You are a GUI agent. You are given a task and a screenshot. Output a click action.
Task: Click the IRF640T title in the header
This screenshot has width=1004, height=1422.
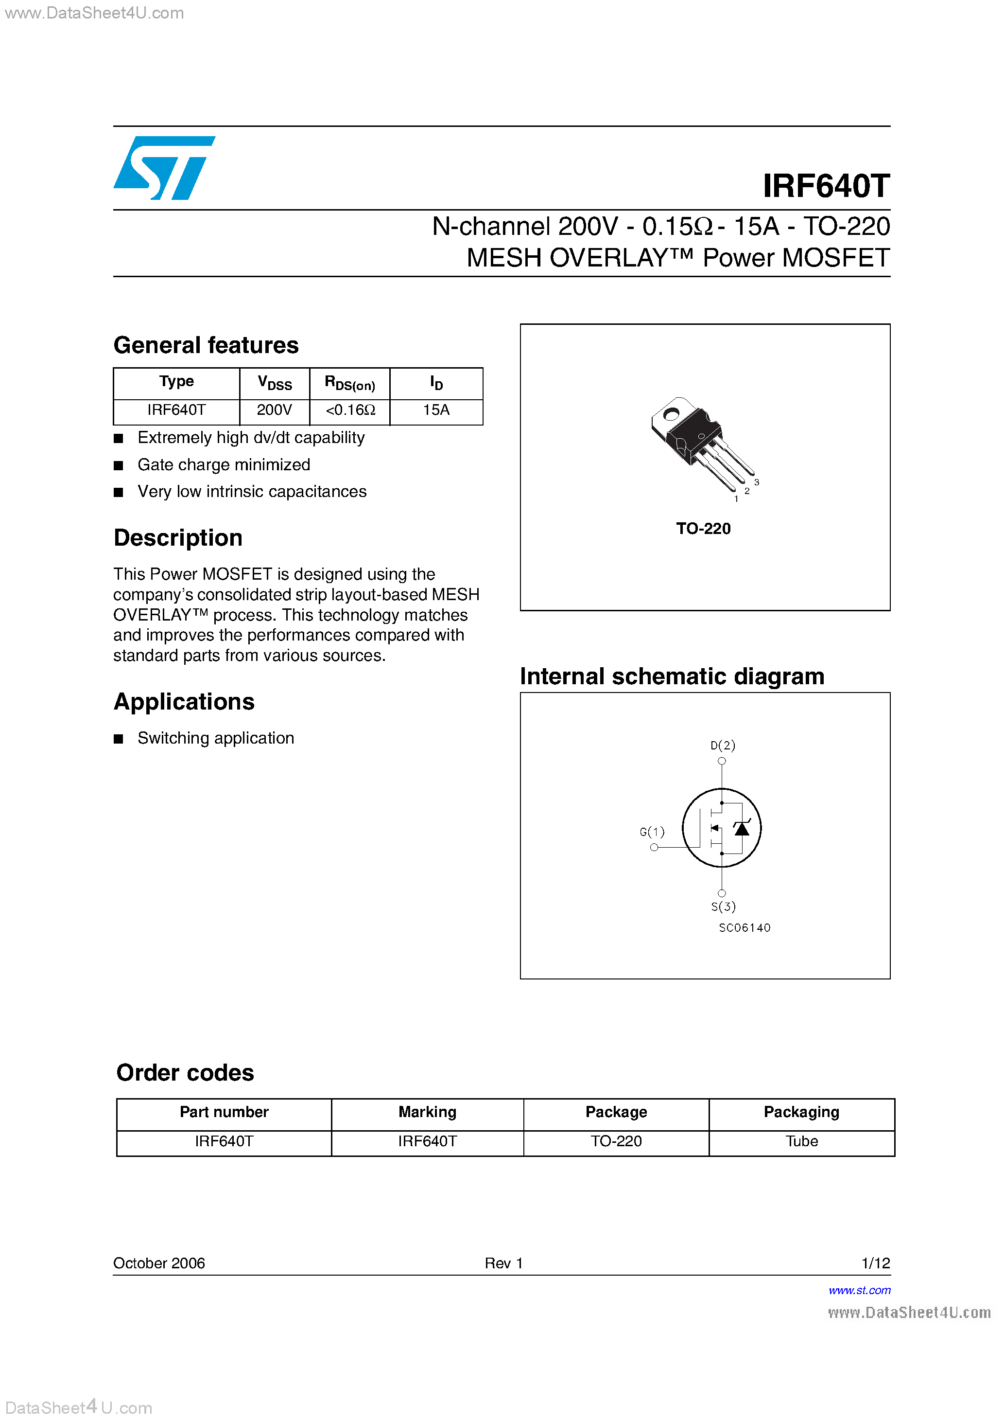(826, 186)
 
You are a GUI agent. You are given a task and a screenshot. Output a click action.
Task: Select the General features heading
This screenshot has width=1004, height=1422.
(206, 345)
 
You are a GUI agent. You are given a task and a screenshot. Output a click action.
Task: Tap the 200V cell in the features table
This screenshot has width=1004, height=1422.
(274, 410)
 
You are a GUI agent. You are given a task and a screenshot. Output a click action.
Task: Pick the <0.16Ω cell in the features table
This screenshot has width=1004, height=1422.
(350, 410)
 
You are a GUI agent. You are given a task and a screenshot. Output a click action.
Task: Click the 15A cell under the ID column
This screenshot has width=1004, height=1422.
(436, 410)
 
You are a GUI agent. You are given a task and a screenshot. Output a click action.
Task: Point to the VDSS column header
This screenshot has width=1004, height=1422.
(274, 383)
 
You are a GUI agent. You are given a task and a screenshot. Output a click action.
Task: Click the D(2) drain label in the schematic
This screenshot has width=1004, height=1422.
(722, 745)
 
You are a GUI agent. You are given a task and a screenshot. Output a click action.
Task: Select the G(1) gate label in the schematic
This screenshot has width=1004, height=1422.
(652, 832)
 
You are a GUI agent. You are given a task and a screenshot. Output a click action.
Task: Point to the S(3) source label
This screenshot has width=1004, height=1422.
(723, 907)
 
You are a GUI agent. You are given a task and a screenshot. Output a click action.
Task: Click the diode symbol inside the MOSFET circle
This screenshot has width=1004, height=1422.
(742, 828)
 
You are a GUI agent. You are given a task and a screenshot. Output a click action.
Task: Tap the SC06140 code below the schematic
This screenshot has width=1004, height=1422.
(744, 928)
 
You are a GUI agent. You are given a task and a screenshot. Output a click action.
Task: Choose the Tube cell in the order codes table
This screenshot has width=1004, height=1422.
(801, 1141)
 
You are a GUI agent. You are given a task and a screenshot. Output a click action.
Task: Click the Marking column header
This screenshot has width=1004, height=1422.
(427, 1112)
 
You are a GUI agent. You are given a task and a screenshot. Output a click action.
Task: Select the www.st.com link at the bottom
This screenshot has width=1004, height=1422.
(859, 1290)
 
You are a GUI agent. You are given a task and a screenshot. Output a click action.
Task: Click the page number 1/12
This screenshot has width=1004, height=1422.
(875, 1263)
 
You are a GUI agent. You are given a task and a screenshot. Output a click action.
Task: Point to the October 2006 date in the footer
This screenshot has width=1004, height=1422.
(159, 1263)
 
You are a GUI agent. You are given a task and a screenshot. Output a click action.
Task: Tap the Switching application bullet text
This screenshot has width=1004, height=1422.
(215, 738)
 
